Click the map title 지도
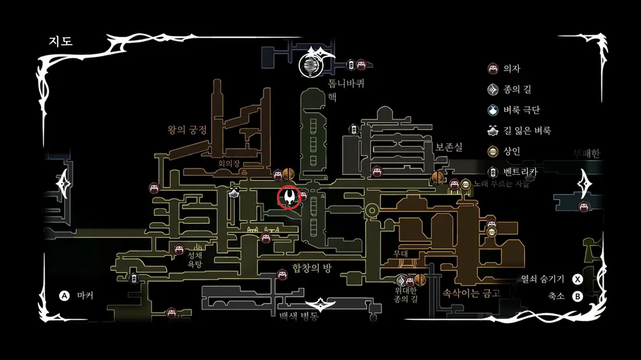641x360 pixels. click(x=61, y=41)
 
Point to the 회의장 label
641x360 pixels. click(x=228, y=164)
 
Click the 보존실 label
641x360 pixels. click(x=449, y=147)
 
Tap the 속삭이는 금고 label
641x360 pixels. click(x=471, y=293)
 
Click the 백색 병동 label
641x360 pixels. click(x=299, y=316)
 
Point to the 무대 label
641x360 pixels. click(x=400, y=254)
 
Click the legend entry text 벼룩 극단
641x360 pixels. click(x=522, y=110)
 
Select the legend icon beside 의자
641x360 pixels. click(x=492, y=69)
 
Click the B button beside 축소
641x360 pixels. click(x=577, y=296)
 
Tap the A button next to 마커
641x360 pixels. click(x=64, y=296)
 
